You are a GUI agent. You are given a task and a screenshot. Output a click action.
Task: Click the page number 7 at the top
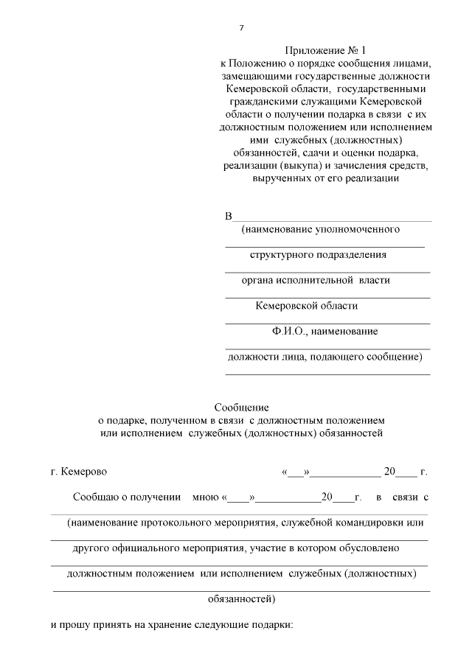[241, 28]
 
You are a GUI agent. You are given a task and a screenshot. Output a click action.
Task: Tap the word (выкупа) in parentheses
[296, 165]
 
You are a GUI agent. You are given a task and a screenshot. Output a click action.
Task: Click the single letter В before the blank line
[228, 216]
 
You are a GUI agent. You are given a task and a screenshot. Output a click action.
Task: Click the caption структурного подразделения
[318, 254]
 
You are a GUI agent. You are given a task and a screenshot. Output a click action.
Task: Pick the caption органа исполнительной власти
[316, 280]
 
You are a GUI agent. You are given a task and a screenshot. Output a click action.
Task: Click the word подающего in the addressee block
[341, 357]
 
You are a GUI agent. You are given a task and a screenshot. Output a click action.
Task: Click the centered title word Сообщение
[241, 407]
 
